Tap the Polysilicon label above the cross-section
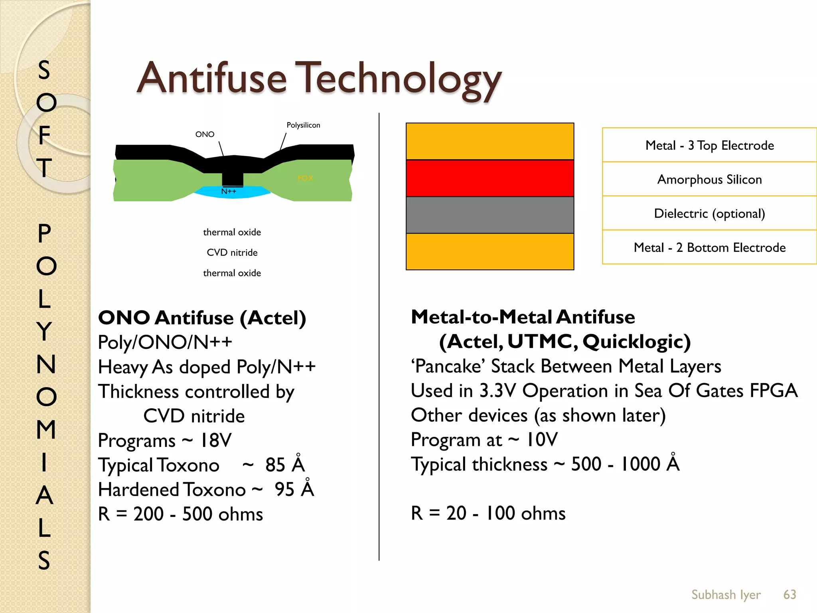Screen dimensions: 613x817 303,125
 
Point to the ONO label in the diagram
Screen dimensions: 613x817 205,134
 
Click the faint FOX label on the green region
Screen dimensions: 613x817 305,178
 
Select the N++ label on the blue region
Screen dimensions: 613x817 229,192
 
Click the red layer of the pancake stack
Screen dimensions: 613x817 489,178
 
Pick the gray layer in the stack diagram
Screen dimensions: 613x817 489,215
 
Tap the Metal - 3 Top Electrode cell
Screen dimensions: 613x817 709,145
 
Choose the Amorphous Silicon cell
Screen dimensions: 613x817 709,180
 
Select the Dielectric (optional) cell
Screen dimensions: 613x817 709,214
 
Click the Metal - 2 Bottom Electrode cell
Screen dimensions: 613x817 709,247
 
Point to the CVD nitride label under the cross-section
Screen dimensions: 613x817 232,253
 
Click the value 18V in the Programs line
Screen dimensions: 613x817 215,441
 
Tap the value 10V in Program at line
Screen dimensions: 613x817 542,440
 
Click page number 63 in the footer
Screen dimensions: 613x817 789,595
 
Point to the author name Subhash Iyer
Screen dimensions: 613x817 726,595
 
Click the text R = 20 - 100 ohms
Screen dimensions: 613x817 488,513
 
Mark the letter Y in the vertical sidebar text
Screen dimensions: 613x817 45,331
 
